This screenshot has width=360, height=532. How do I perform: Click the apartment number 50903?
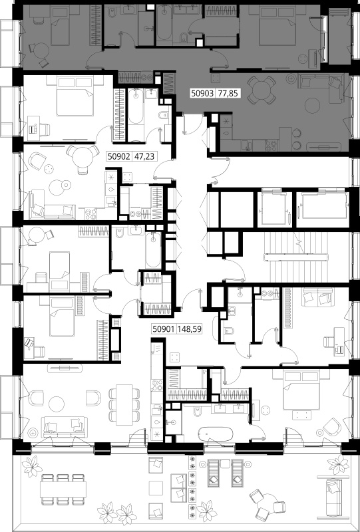[202, 93]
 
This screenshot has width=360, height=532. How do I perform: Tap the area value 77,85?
[228, 93]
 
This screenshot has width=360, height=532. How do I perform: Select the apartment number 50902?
[119, 156]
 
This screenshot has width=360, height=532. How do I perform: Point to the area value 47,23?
[144, 156]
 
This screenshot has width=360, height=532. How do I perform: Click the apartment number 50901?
[164, 329]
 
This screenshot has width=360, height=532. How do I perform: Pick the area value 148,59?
[189, 329]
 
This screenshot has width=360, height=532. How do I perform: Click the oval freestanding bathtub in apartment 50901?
[216, 434]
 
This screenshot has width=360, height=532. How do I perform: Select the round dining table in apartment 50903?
[261, 90]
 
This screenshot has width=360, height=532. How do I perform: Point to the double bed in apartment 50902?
[75, 96]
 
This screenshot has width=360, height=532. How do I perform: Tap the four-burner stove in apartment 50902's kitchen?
[90, 213]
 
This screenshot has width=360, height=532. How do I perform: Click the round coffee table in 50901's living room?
[57, 404]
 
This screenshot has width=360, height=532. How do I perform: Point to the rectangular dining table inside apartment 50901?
[124, 404]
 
